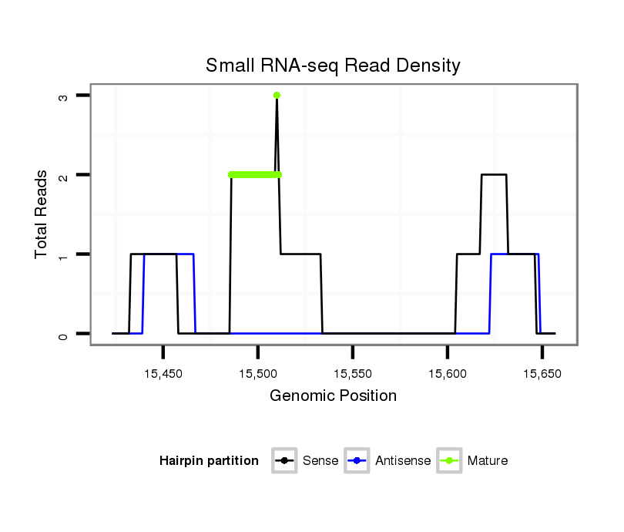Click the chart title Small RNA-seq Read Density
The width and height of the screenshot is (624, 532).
333,66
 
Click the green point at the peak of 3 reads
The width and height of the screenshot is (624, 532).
277,96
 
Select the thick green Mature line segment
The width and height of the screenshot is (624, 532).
254,175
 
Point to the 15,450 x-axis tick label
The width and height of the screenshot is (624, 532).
163,373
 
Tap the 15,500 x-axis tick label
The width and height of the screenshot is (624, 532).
257,373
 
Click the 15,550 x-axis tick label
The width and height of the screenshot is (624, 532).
352,373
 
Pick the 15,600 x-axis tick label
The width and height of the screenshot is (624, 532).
447,373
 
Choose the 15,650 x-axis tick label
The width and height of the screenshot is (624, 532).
542,373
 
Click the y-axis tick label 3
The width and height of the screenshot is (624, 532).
63,96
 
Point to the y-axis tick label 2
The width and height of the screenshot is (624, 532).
63,176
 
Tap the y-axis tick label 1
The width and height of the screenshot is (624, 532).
63,255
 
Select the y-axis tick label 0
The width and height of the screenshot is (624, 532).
63,335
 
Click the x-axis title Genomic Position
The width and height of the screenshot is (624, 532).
333,396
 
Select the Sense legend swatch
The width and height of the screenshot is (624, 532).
285,461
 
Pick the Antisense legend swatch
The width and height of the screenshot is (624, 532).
358,461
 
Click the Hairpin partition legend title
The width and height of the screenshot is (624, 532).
209,461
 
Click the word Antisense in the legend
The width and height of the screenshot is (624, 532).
403,461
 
